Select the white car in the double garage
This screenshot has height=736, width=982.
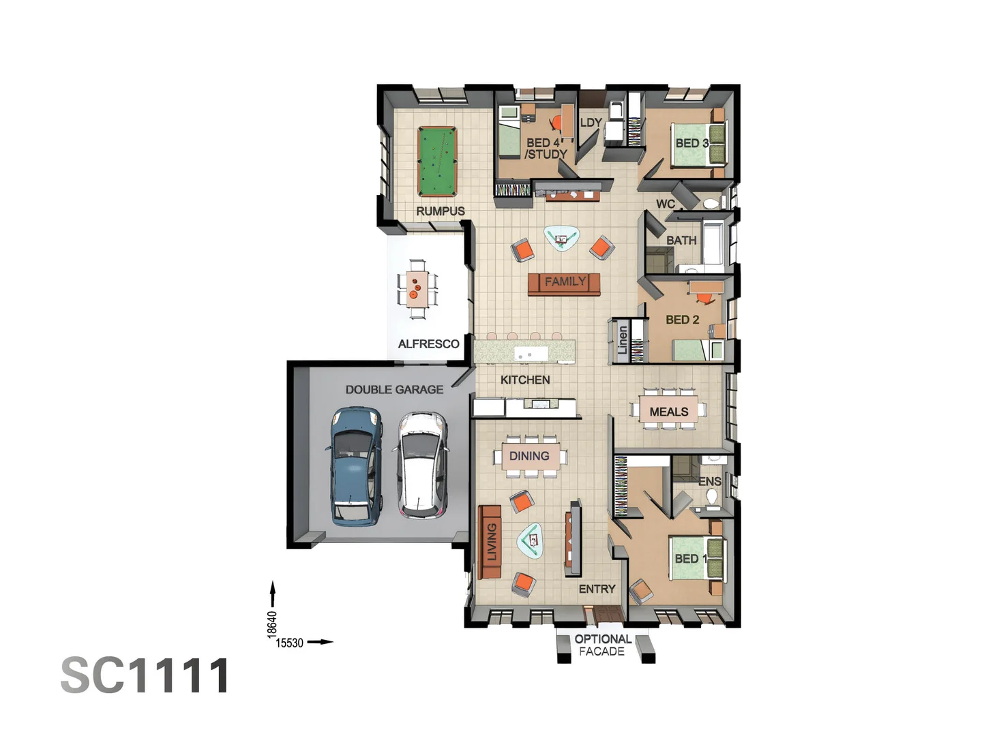(x=422, y=465)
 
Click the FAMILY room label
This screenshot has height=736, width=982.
(x=564, y=281)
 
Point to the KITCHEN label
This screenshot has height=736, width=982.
(x=524, y=380)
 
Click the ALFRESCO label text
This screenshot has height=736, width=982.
(x=428, y=344)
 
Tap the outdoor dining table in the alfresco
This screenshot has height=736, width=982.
(x=417, y=289)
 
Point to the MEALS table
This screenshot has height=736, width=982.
(x=668, y=412)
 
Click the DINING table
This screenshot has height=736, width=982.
(x=530, y=457)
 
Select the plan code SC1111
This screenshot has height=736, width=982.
(x=145, y=676)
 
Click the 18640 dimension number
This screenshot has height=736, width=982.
(x=272, y=625)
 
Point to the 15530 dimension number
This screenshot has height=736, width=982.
(x=289, y=643)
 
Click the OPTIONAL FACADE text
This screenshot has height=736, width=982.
(x=602, y=645)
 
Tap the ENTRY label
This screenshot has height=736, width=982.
(x=597, y=589)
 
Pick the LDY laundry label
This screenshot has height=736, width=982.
(x=591, y=123)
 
